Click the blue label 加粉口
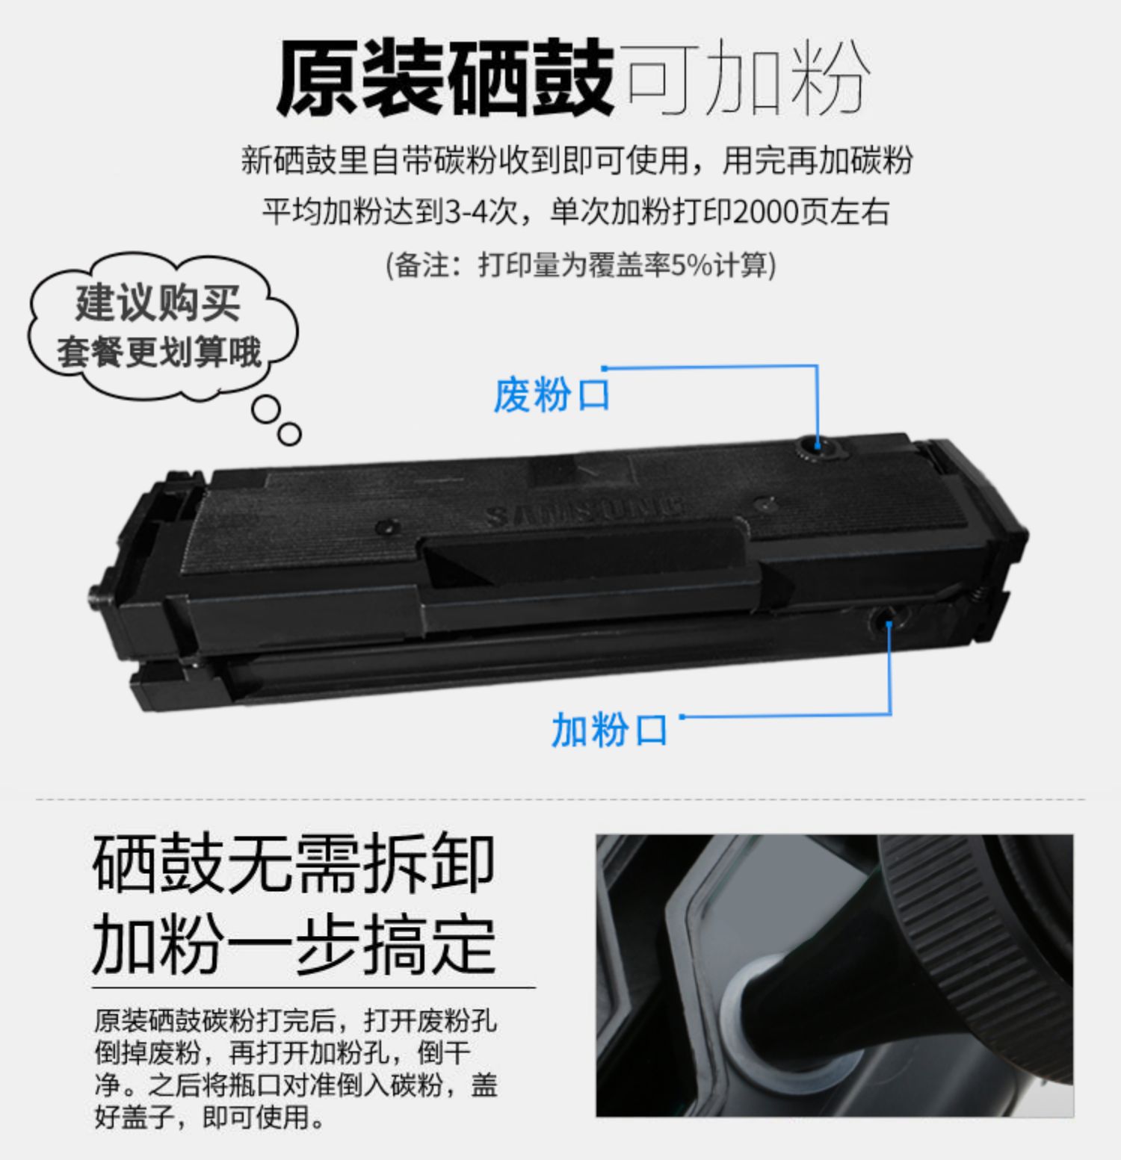pyautogui.click(x=609, y=729)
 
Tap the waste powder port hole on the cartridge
pyautogui.click(x=817, y=447)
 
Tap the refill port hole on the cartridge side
pyautogui.click(x=886, y=618)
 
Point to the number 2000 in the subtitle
pyautogui.click(x=765, y=212)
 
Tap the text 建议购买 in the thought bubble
pyautogui.click(x=158, y=303)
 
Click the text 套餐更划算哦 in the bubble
pyautogui.click(x=159, y=352)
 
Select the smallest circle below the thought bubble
pyautogui.click(x=289, y=433)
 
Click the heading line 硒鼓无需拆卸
pyautogui.click(x=294, y=863)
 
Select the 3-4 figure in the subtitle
pyautogui.click(x=466, y=212)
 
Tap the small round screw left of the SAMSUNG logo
pyautogui.click(x=387, y=527)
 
